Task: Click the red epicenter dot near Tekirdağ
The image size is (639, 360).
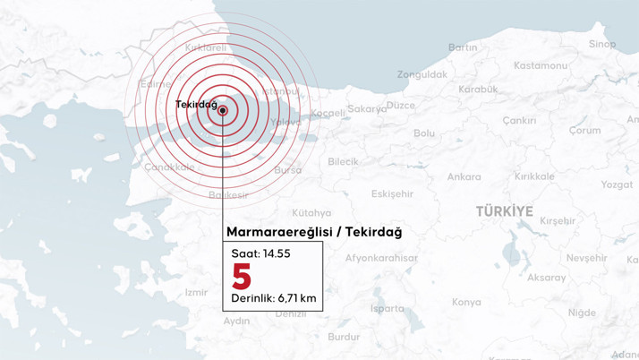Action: click(223, 111)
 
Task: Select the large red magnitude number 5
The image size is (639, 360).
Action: click(241, 277)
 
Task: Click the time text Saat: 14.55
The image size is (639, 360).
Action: click(260, 253)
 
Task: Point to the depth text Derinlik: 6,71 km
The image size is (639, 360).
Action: click(273, 297)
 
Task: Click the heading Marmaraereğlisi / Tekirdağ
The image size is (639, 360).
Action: click(314, 233)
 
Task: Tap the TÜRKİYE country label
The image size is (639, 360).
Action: click(504, 211)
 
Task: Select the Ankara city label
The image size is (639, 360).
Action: click(464, 176)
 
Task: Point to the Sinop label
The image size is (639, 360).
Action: click(601, 44)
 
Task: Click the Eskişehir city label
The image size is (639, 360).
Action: click(392, 193)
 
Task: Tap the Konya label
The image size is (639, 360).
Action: click(466, 302)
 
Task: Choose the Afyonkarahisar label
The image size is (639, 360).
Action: click(381, 258)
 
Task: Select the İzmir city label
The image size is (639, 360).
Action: click(195, 292)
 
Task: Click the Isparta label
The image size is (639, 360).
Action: click(387, 308)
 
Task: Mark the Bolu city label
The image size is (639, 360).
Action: click(424, 133)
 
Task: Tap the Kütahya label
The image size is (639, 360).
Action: click(311, 213)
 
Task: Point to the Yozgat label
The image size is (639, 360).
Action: click(616, 184)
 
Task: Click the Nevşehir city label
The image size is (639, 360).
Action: click(586, 258)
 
